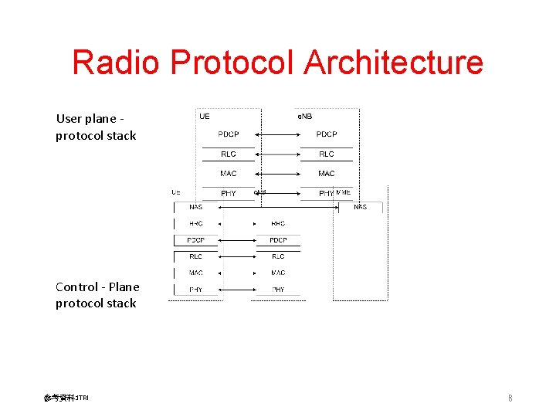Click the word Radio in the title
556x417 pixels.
[x=118, y=62]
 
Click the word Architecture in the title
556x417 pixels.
[x=393, y=62]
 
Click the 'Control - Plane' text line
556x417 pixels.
[x=97, y=286]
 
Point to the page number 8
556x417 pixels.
[x=510, y=398]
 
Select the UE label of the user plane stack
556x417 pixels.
[x=205, y=117]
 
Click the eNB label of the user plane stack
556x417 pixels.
[x=306, y=117]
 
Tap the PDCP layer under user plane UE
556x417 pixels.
[x=229, y=134]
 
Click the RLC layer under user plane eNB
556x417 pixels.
[x=327, y=154]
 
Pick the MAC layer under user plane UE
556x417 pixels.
[x=229, y=174]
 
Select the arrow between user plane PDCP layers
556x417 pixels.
[x=277, y=134]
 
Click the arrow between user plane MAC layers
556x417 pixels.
[x=277, y=174]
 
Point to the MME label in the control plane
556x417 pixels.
[x=344, y=192]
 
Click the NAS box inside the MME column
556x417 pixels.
[x=361, y=207]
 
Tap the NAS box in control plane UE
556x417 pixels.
[x=196, y=207]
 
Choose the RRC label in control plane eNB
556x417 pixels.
[x=278, y=224]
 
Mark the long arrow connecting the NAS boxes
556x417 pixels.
[x=278, y=207]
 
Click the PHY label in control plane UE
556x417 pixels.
[x=196, y=290]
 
